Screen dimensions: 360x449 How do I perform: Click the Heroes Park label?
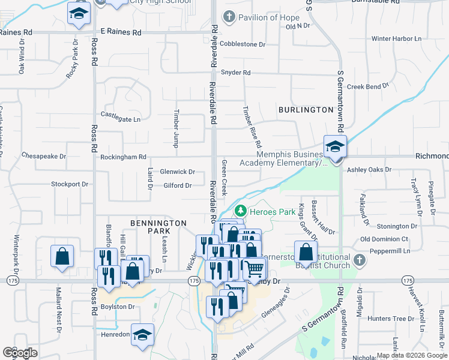click(x=273, y=211)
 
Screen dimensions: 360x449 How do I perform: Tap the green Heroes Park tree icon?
click(x=241, y=211)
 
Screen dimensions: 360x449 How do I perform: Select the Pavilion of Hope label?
click(x=268, y=17)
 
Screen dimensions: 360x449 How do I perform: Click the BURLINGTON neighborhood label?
click(x=306, y=110)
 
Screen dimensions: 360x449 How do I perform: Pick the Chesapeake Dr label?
click(x=43, y=156)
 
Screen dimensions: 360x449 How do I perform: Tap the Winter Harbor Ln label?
click(x=396, y=39)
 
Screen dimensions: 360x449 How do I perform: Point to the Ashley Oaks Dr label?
click(x=369, y=170)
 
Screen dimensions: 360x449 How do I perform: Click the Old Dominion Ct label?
click(x=384, y=239)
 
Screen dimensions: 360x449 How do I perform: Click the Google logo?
click(x=20, y=353)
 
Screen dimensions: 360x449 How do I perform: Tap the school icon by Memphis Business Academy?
click(x=335, y=146)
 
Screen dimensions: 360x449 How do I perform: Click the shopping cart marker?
click(x=255, y=268)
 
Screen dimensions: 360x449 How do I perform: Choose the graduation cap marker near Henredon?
click(x=143, y=334)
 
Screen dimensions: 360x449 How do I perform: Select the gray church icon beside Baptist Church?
click(x=359, y=260)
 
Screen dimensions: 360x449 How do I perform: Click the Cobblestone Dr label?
click(x=243, y=44)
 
